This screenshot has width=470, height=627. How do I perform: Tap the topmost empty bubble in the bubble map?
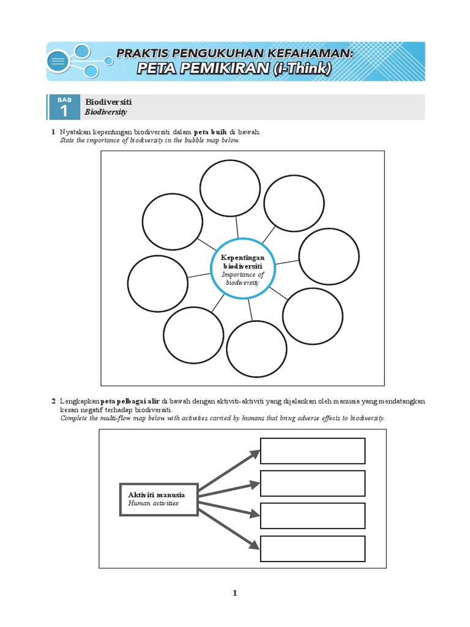(x=230, y=187)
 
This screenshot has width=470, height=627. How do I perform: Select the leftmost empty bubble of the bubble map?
(x=158, y=282)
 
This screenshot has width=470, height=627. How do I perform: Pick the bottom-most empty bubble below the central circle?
(x=257, y=349)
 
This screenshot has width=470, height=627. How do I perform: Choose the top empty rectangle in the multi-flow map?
(x=313, y=451)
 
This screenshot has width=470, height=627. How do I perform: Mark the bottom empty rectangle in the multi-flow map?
(x=313, y=547)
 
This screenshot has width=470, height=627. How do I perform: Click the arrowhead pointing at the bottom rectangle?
(x=253, y=545)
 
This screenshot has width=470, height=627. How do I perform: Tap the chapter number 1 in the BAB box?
(x=64, y=111)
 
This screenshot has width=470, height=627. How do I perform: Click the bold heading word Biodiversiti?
(x=108, y=102)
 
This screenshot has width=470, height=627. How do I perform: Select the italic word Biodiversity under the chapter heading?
(x=106, y=113)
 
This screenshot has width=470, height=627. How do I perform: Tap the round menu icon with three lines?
(x=59, y=61)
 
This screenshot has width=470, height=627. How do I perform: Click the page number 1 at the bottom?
(x=234, y=593)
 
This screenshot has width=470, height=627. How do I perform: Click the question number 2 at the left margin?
(x=53, y=400)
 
